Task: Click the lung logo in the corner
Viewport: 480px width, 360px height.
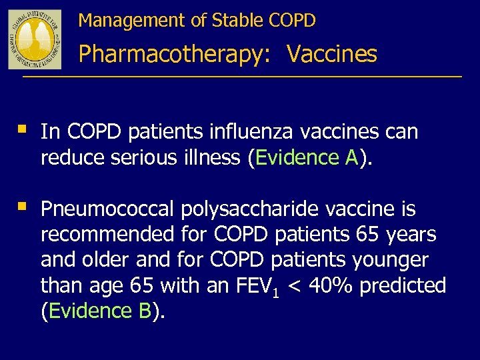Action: pos(35,39)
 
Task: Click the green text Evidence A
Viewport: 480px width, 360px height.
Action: pos(307,157)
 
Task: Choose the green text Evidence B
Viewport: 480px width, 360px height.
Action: pos(100,311)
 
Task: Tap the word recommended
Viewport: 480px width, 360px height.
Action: pos(107,235)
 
